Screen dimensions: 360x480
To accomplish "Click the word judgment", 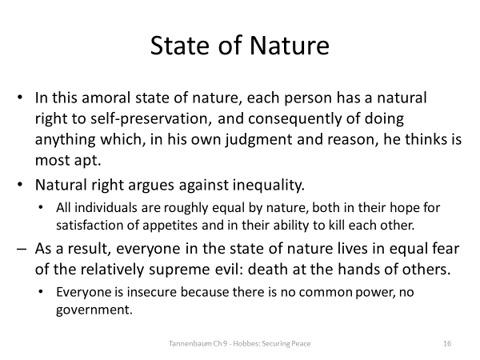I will coord(246,138).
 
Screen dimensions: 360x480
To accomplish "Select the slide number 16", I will coord(447,342).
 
